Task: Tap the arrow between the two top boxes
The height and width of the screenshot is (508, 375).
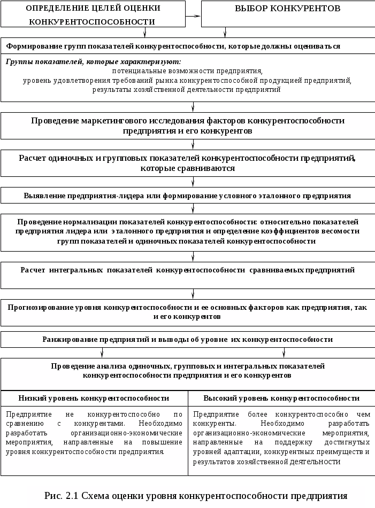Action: pyautogui.click(x=193, y=15)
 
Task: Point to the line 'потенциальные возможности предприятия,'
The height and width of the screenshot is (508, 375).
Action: pyautogui.click(x=187, y=71)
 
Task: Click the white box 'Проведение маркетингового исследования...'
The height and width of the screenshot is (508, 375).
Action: pyautogui.click(x=187, y=126)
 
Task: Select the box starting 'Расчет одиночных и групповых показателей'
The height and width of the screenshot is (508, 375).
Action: pyautogui.click(x=187, y=163)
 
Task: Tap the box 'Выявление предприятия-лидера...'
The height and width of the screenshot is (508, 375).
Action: pyautogui.click(x=187, y=196)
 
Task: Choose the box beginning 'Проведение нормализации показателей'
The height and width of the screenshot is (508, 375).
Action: pyautogui.click(x=187, y=231)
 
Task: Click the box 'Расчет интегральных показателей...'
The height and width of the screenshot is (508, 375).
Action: pyautogui.click(x=187, y=270)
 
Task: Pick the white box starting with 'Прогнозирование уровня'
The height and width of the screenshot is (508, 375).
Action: pyautogui.click(x=187, y=312)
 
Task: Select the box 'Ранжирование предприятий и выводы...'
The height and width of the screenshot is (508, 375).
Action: pyautogui.click(x=187, y=339)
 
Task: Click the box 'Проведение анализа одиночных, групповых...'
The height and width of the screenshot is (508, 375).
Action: pyautogui.click(x=187, y=371)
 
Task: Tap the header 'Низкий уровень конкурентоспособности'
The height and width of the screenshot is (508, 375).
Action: pyautogui.click(x=94, y=398)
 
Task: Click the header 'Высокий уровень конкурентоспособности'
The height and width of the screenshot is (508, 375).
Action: pyautogui.click(x=281, y=398)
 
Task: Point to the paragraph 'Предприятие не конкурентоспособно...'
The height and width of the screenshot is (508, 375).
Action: pyautogui.click(x=94, y=433)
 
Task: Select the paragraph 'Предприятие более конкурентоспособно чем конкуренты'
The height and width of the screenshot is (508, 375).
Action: pyautogui.click(x=281, y=437)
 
